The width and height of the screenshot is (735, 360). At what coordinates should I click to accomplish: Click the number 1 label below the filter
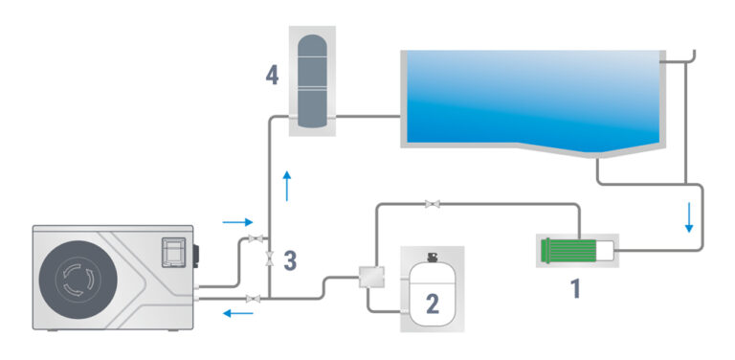(575, 288)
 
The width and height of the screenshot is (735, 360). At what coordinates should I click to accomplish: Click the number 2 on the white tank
(432, 304)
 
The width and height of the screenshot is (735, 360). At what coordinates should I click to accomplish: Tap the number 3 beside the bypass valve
(290, 261)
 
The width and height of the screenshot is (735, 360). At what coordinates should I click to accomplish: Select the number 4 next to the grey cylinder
(272, 76)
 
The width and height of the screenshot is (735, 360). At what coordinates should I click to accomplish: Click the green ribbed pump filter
(568, 250)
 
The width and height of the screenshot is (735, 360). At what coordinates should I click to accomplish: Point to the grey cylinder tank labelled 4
(312, 80)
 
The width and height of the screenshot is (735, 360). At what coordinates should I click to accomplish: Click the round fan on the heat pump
(78, 281)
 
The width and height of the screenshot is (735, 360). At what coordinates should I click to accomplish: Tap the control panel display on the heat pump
(173, 252)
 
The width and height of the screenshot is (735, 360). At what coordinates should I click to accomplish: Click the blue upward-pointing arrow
(287, 186)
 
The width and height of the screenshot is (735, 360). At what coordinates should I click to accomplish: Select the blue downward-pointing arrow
(689, 217)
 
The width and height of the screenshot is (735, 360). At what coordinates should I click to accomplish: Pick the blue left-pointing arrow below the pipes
(237, 313)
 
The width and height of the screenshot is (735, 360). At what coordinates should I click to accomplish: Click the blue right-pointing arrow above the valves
(237, 222)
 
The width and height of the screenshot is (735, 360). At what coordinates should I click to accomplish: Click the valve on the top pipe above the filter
(433, 204)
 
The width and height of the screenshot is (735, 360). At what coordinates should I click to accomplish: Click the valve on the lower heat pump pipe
(253, 299)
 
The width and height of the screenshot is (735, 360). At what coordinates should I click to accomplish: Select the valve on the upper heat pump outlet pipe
(256, 238)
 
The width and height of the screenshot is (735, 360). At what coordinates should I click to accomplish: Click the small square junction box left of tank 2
(371, 277)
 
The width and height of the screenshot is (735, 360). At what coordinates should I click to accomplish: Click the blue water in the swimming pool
(532, 99)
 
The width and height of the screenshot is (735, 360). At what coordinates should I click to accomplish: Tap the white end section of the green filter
(605, 250)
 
